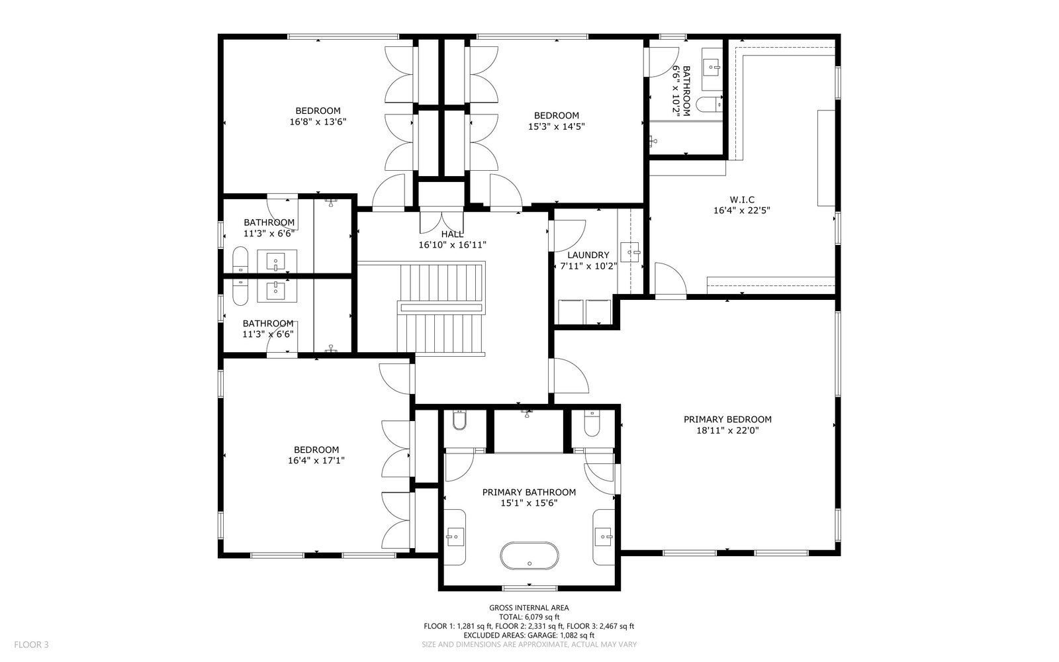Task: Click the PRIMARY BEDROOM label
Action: tap(727, 420)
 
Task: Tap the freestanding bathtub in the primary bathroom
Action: tap(529, 556)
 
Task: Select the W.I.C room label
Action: tap(742, 200)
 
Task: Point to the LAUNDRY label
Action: tap(588, 256)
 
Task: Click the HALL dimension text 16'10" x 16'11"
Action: tap(453, 245)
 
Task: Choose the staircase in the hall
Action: tap(441, 308)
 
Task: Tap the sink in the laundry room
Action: tap(629, 252)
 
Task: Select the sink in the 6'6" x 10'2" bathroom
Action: tap(712, 68)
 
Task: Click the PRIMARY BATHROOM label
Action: tap(529, 493)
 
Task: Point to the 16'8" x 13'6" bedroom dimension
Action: tap(318, 122)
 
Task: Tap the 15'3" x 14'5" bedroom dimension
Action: tap(557, 126)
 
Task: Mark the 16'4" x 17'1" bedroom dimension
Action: tap(316, 461)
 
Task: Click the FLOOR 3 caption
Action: tap(31, 645)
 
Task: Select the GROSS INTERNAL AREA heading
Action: tap(529, 608)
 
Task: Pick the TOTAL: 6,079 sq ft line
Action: tap(529, 617)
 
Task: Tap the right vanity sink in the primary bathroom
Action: tap(604, 537)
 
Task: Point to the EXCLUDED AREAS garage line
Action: tap(529, 636)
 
